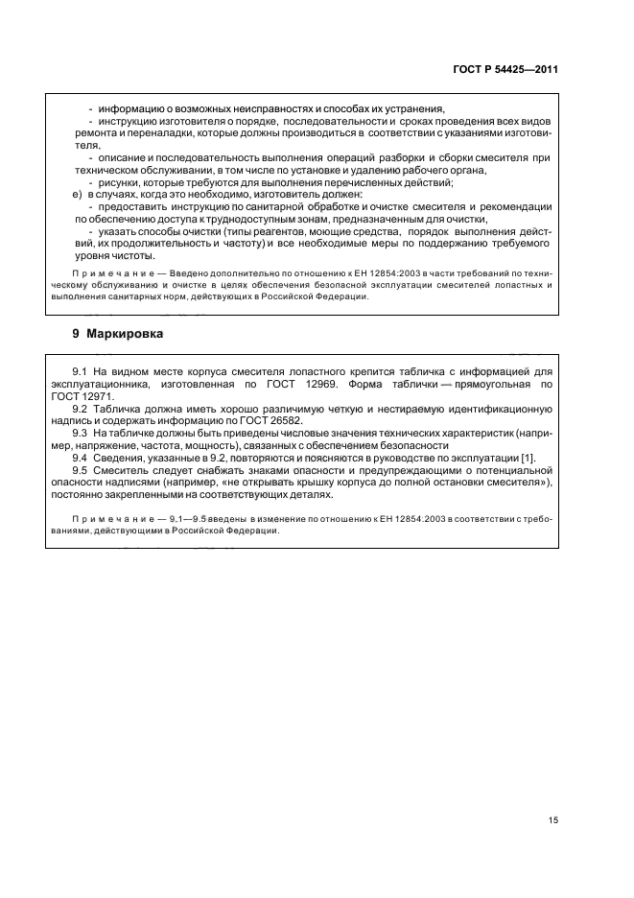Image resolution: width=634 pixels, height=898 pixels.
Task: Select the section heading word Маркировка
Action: pos(125,335)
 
